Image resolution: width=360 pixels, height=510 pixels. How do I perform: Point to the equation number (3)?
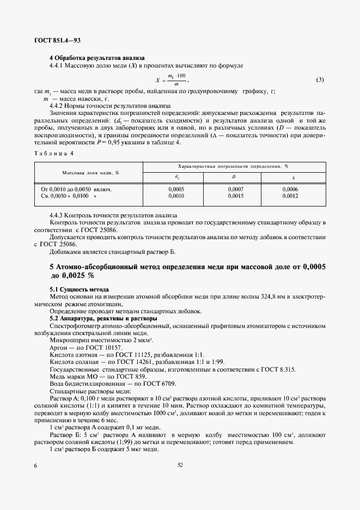coord(320,80)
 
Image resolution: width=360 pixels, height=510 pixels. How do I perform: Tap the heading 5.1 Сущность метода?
coord(80,288)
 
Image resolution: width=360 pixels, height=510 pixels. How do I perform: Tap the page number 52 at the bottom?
coord(180,465)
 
